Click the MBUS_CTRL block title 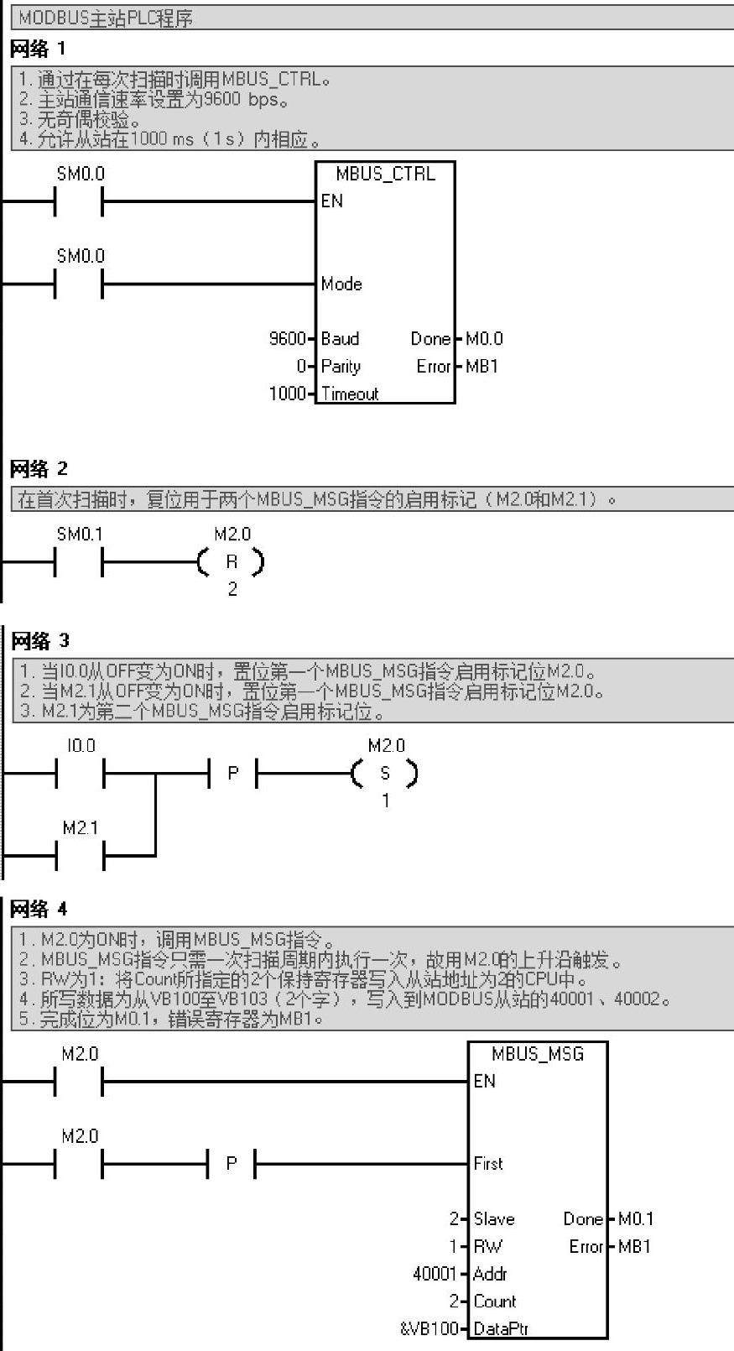click(x=385, y=174)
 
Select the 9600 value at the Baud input click(x=287, y=339)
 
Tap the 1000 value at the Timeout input click(x=286, y=394)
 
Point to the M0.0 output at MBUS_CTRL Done click(x=484, y=339)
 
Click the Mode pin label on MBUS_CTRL click(x=341, y=284)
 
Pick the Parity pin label click(x=341, y=367)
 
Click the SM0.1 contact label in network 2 click(x=80, y=535)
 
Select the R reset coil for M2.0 click(x=232, y=562)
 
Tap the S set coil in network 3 click(x=385, y=774)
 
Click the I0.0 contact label click(x=81, y=746)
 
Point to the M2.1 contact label click(x=80, y=828)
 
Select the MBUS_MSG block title click(x=538, y=1054)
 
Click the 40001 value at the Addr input click(x=435, y=1274)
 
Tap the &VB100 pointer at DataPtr click(x=429, y=1328)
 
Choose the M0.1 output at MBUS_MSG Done click(x=636, y=1219)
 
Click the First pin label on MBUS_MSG click(x=488, y=1164)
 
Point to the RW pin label click(x=487, y=1247)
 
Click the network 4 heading click(x=39, y=909)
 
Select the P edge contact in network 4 click(x=232, y=1164)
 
